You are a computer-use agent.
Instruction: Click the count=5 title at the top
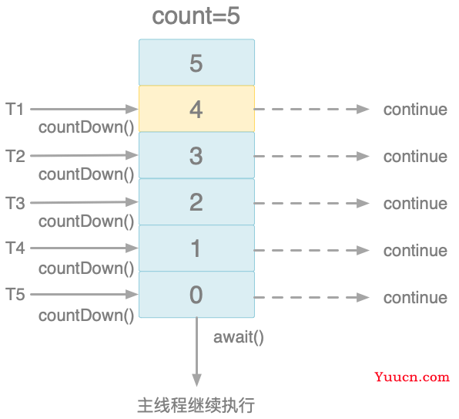[x=196, y=16]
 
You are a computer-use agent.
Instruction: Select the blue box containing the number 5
[x=196, y=63]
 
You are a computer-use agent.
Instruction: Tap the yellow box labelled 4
[x=196, y=109]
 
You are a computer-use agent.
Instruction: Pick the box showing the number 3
[x=196, y=155]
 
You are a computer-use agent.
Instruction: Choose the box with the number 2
[x=196, y=201]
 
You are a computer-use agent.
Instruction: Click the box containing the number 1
[x=196, y=248]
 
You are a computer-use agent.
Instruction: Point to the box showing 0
[x=196, y=295]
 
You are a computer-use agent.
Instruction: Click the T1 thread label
[x=15, y=109]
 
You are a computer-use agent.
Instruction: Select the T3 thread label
[x=15, y=203]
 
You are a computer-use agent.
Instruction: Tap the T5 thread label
[x=15, y=294]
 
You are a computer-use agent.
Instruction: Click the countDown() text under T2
[x=86, y=174]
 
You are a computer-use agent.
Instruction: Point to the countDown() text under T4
[x=86, y=269]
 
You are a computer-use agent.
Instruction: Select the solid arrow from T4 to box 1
[x=84, y=248]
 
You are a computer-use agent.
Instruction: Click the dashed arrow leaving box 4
[x=311, y=109]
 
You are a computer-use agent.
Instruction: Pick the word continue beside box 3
[x=415, y=157]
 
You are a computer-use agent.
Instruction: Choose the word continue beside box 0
[x=415, y=297]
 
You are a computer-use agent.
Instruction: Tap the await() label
[x=239, y=337]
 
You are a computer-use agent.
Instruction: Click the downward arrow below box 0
[x=196, y=352]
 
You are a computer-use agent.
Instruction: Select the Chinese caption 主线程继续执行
[x=196, y=406]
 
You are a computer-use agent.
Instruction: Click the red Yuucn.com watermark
[x=412, y=377]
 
